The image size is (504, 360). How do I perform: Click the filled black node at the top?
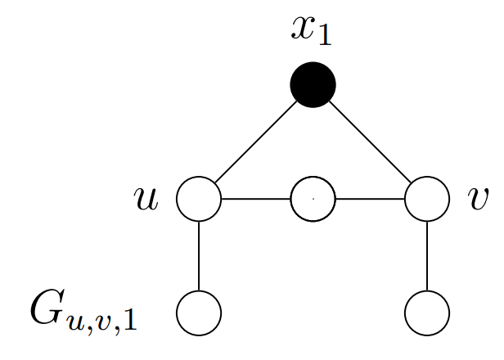(313, 85)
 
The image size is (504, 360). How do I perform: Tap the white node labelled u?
(199, 199)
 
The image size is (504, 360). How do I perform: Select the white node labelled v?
(427, 199)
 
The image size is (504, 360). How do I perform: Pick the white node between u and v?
(313, 199)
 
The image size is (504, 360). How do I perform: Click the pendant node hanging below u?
(199, 313)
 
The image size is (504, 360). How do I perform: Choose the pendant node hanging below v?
(427, 313)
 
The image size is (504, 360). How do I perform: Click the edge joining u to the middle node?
(256, 199)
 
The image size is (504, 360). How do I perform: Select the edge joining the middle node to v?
(370, 199)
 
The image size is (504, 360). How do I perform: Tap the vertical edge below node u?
(199, 255)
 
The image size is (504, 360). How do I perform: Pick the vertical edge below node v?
(427, 255)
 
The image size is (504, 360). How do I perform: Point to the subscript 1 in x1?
(324, 36)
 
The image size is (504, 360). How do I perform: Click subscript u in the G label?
(74, 320)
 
